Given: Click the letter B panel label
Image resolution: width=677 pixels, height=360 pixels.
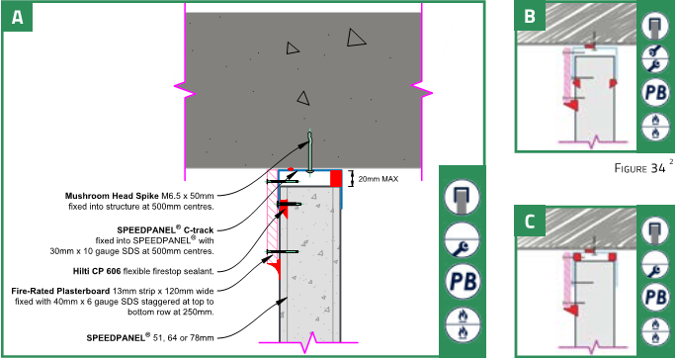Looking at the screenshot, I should [530, 17].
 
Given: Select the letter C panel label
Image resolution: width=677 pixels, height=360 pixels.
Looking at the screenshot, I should [530, 220].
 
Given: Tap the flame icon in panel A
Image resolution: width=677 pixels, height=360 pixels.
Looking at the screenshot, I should [461, 323].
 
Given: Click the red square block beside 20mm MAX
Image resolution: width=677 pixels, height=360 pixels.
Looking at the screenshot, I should [336, 179].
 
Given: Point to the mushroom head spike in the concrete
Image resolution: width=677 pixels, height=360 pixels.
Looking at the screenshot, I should [310, 153].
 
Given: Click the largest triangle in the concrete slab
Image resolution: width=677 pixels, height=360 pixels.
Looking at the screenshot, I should [356, 38].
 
